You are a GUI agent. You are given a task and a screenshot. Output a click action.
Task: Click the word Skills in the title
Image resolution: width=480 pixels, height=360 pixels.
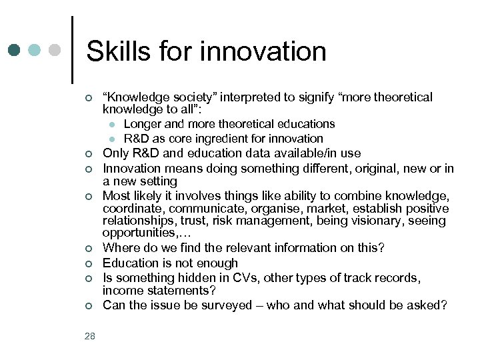click(x=117, y=51)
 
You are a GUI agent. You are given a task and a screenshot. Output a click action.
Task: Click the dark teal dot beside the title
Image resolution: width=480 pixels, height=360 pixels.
click(x=14, y=50)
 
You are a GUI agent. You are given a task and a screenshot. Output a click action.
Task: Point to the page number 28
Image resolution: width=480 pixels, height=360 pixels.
click(x=90, y=336)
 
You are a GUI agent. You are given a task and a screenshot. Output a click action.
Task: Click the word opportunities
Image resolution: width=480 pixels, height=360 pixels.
click(x=137, y=233)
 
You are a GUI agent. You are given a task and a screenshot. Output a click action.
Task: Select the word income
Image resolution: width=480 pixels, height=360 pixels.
click(x=122, y=291)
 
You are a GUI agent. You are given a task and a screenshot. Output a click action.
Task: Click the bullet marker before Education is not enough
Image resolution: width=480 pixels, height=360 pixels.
click(x=89, y=263)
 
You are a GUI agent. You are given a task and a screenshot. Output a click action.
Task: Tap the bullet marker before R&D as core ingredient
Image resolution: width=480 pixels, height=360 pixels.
click(x=113, y=139)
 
